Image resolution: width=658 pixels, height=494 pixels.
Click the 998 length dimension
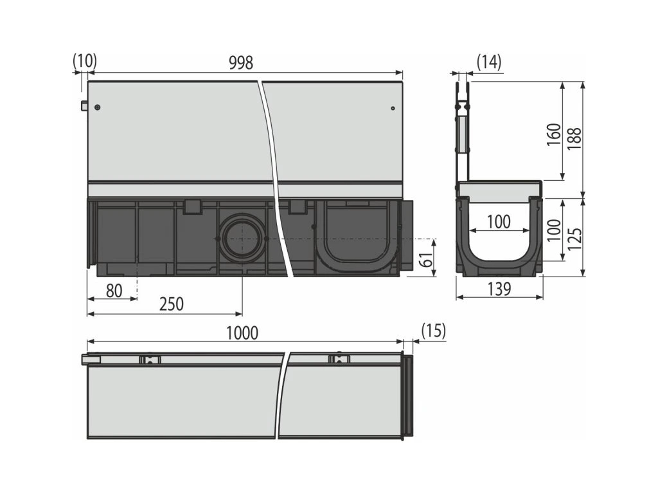(x=241, y=62)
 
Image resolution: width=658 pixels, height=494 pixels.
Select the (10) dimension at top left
(x=85, y=60)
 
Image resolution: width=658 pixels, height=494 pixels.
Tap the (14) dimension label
(x=489, y=62)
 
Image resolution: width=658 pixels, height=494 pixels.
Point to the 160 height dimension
(x=554, y=134)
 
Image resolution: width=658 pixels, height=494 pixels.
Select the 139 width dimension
(x=499, y=289)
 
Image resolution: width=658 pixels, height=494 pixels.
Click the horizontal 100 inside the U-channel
(x=499, y=222)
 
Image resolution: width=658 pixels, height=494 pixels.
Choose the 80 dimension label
(x=114, y=291)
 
